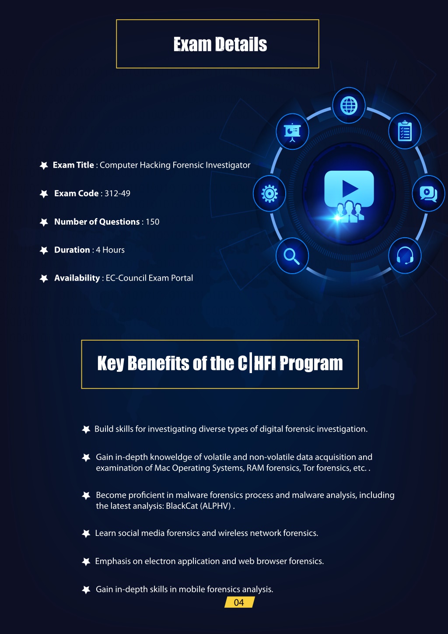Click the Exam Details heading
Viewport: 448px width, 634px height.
click(x=220, y=44)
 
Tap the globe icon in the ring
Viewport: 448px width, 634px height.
click(x=349, y=106)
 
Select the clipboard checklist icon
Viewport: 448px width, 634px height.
click(x=405, y=131)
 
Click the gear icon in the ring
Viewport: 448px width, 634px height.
click(x=269, y=194)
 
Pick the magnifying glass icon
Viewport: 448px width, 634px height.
click(x=292, y=256)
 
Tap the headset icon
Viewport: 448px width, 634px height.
click(x=405, y=255)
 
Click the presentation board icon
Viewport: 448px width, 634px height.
click(x=292, y=132)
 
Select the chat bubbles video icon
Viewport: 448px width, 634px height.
click(x=428, y=194)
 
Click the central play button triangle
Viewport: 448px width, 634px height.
click(x=350, y=189)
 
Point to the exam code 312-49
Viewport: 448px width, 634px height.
click(x=117, y=194)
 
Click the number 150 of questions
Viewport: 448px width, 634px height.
click(x=152, y=222)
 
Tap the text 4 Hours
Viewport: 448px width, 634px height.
click(x=110, y=250)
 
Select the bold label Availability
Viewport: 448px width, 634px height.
click(x=77, y=278)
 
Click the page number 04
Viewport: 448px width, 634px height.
click(x=239, y=602)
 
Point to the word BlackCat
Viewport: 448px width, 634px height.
click(x=182, y=506)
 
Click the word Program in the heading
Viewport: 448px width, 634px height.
click(x=311, y=364)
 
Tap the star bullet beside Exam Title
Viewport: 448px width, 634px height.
click(x=44, y=166)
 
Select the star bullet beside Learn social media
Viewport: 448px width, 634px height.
click(x=86, y=534)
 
